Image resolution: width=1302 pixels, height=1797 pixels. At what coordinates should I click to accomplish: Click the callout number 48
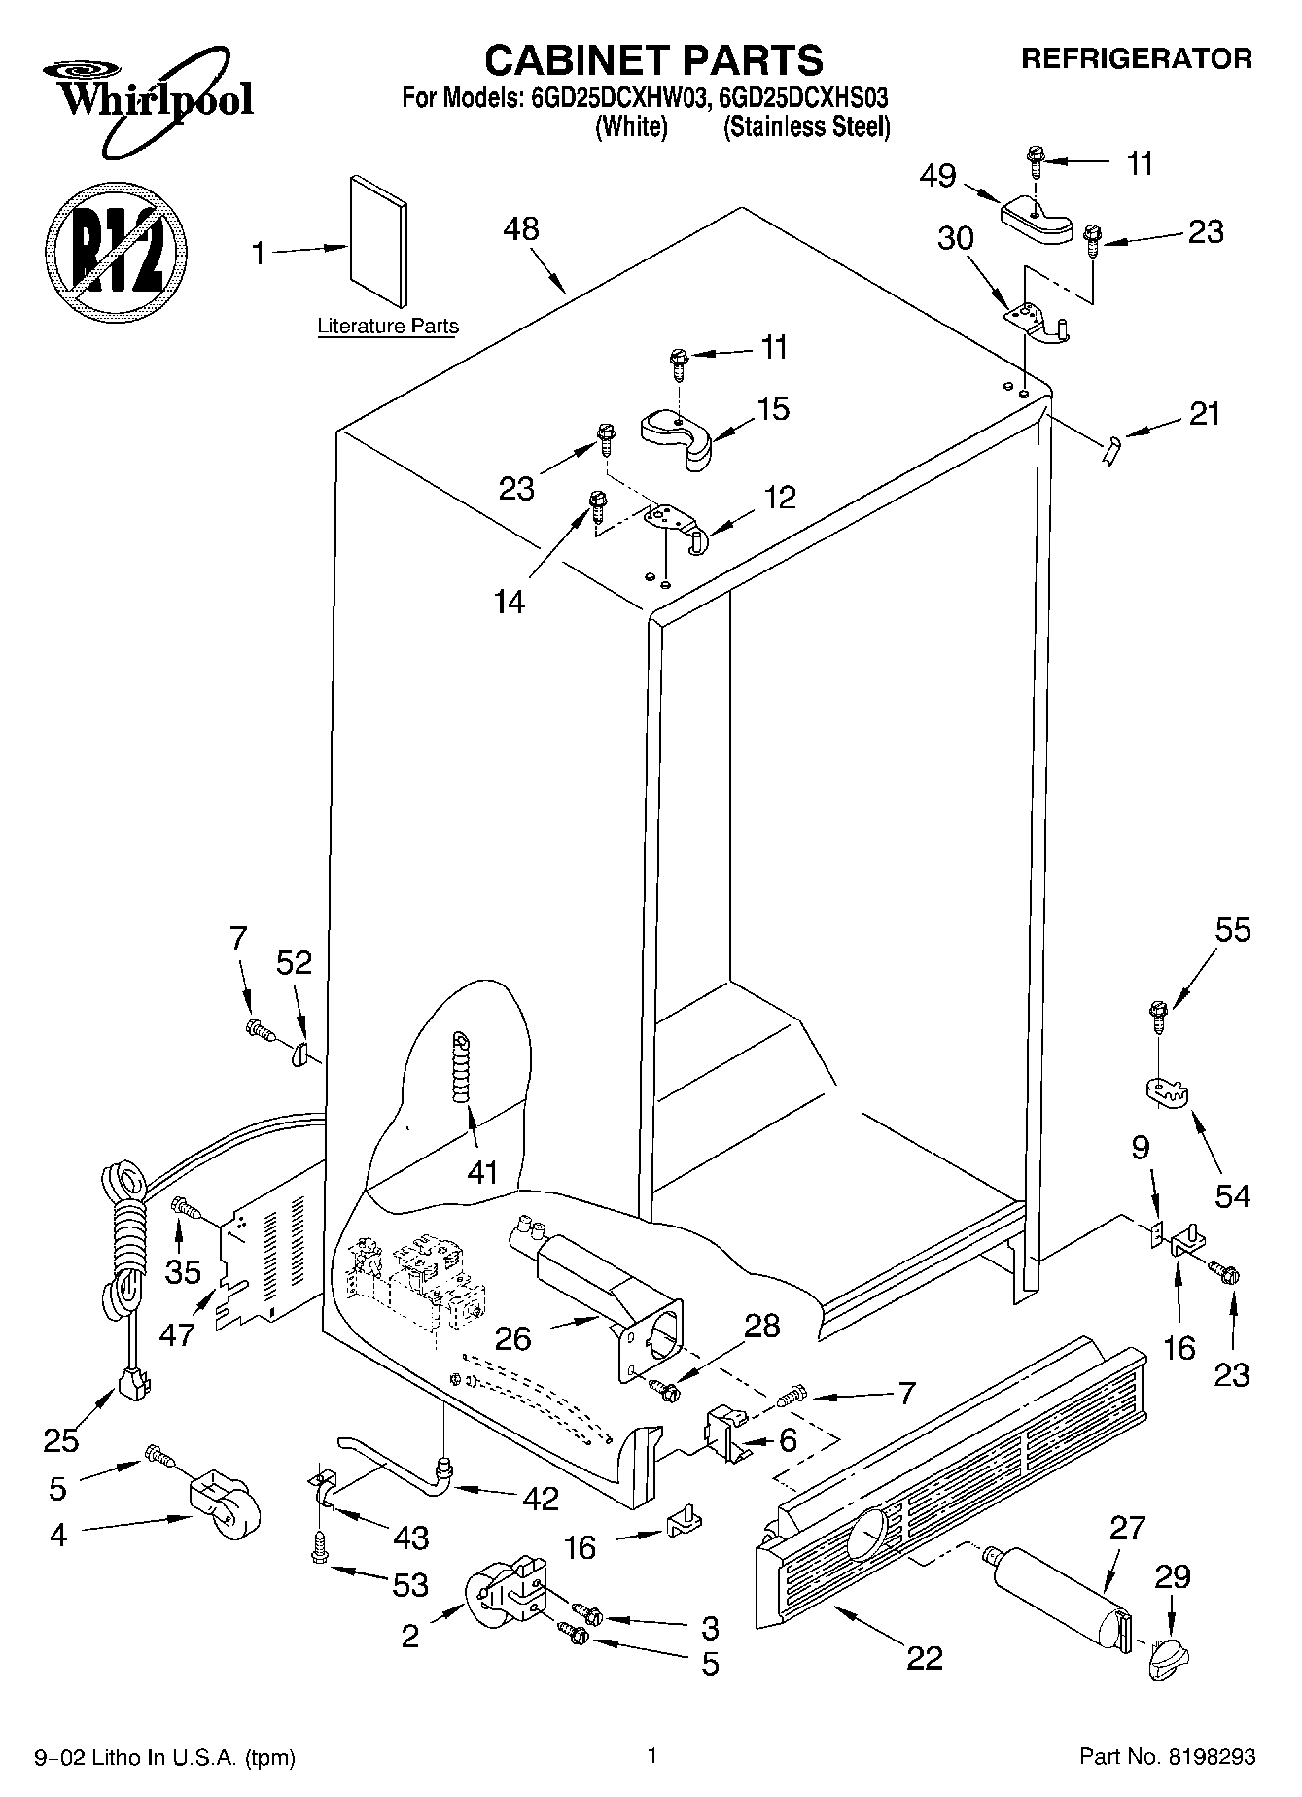[x=521, y=229]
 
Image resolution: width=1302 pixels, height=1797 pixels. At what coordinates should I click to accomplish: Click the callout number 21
[x=1204, y=414]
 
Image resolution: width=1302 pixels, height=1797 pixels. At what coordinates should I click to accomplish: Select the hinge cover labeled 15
[x=677, y=435]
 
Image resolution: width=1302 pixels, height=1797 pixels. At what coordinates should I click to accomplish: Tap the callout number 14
[x=509, y=602]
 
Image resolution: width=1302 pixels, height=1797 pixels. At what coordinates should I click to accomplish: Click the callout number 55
[x=1232, y=930]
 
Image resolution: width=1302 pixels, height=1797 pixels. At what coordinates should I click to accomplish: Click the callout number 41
[x=482, y=1172]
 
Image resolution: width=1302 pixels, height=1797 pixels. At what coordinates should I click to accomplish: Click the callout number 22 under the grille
[x=924, y=1657]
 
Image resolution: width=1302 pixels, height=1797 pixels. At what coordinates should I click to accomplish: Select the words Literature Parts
[x=388, y=327]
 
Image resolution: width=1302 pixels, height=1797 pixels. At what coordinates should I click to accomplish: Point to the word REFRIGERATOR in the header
[x=1136, y=58]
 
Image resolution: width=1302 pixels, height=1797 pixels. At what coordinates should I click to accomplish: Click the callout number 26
[x=512, y=1338]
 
